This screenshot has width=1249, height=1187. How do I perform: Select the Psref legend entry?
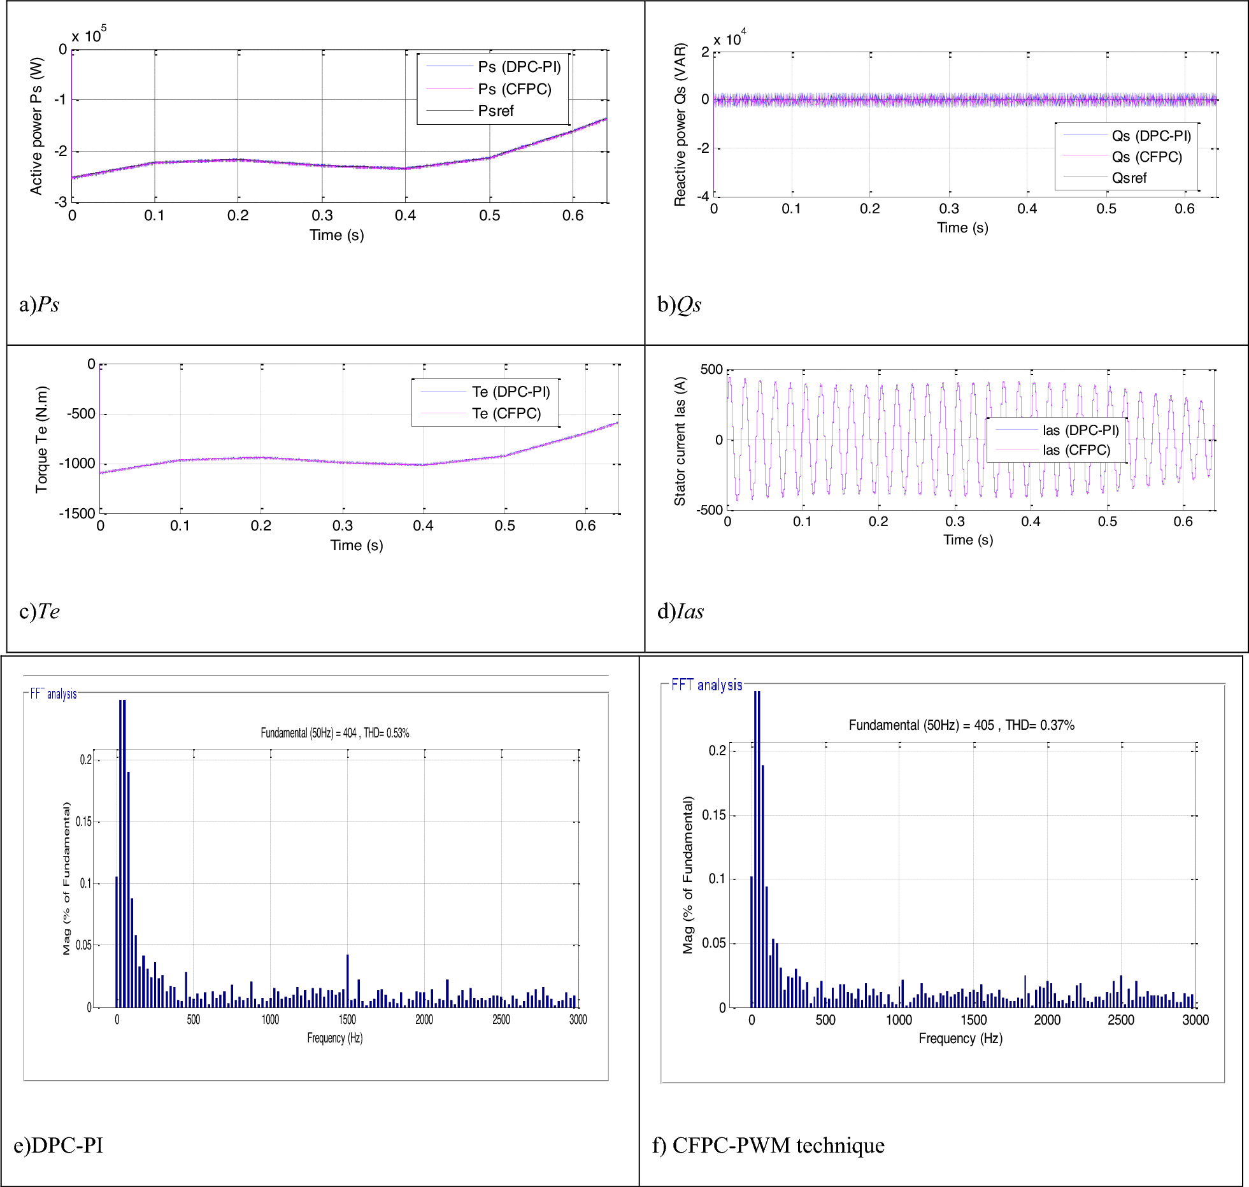point(496,111)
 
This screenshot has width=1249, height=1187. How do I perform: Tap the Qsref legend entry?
point(1129,178)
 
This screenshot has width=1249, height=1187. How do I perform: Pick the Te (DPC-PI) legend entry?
point(510,392)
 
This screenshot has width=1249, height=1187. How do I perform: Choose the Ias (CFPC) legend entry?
point(1076,450)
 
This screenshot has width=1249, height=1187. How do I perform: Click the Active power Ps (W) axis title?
point(36,126)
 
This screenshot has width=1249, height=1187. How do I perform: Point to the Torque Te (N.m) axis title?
point(41,439)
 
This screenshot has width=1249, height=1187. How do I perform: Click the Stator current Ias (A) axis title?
point(680,441)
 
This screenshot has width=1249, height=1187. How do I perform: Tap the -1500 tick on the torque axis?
point(77,513)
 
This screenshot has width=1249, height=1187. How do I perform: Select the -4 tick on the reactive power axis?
point(703,196)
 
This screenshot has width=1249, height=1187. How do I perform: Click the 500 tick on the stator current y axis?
point(711,370)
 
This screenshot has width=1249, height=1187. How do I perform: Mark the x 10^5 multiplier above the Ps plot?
point(89,36)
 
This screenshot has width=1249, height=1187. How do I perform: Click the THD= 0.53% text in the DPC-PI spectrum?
point(387,733)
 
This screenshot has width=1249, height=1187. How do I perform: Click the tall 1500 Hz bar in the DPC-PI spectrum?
point(347,981)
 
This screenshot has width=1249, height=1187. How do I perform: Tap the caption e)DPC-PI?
point(58,1145)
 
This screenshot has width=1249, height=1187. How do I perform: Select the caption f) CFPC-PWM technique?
point(768,1145)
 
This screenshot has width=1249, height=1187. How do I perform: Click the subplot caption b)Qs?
point(679,304)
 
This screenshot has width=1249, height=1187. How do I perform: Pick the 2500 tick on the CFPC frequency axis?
point(1120,1020)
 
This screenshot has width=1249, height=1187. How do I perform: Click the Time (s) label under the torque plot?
point(357,545)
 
